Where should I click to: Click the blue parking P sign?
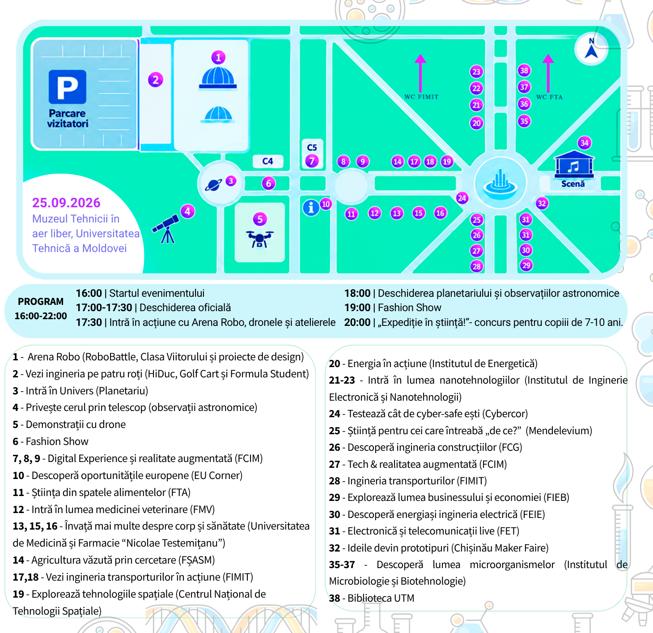coord(68,87)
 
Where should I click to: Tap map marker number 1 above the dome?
coord(218,57)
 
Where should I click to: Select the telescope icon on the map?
coord(166,229)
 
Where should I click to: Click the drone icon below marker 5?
coord(259,239)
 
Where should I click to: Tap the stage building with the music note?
coord(574,165)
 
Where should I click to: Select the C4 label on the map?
coord(267,161)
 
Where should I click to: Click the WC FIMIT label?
coord(421,97)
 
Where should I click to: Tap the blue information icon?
coord(311,208)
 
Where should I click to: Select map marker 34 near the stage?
coord(585,143)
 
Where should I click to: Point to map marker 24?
coord(462,198)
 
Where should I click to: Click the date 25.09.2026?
coord(66,202)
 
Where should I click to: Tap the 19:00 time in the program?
coord(357,308)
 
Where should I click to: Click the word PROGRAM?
coord(41,302)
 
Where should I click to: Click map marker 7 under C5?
coord(312,161)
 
